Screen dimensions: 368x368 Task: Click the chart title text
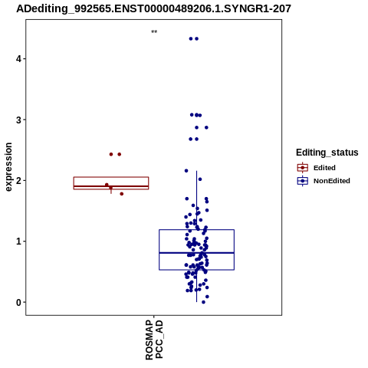tap(153, 8)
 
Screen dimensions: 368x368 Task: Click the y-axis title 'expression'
tap(8, 167)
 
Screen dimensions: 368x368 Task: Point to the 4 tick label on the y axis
tap(18, 59)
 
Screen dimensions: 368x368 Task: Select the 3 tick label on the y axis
tap(18, 120)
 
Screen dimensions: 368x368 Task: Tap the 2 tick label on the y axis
tap(18, 180)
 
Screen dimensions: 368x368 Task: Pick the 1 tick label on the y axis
tap(18, 242)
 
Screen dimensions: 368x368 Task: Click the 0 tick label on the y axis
tap(18, 302)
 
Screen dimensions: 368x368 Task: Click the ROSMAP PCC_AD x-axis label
tap(154, 340)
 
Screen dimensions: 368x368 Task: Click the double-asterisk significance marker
tap(154, 32)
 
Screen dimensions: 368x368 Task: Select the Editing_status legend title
tap(327, 153)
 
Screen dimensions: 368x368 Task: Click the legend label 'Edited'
tap(324, 168)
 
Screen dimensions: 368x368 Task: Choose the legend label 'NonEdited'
tap(332, 181)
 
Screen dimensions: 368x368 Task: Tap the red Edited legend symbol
tap(303, 168)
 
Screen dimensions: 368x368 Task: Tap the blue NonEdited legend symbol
tap(303, 181)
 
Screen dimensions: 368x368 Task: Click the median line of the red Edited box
tap(111, 186)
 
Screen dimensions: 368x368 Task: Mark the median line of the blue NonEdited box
tap(196, 253)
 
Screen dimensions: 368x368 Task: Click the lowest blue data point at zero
tap(203, 302)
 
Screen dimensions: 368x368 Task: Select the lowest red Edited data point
tap(122, 194)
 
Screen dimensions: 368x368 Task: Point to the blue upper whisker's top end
tap(196, 171)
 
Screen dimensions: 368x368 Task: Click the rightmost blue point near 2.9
tap(206, 127)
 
